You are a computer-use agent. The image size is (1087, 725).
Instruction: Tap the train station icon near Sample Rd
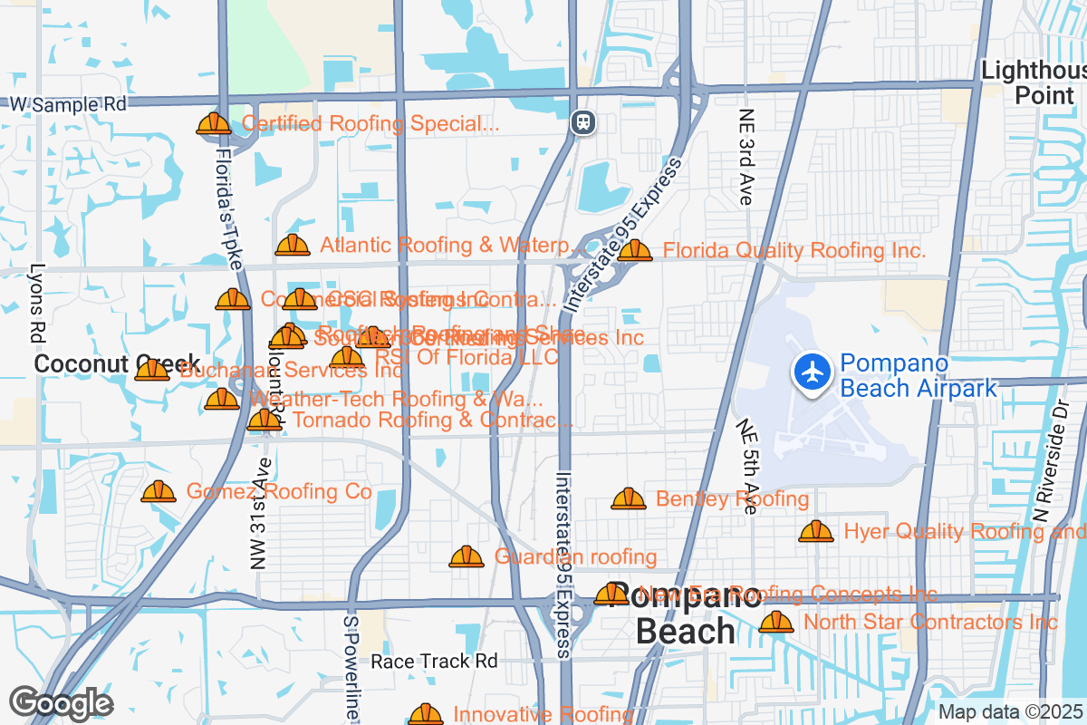click(583, 121)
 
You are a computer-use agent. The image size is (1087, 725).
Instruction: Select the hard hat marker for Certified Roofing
click(214, 124)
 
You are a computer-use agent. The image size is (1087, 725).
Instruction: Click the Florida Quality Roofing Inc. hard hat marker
click(635, 251)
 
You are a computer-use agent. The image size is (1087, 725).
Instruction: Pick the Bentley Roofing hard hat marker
click(629, 499)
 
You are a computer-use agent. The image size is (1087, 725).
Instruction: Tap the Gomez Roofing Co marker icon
click(159, 492)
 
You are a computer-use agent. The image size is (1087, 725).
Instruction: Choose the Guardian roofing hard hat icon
click(467, 556)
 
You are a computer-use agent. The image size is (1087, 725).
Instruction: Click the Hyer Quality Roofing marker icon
click(816, 532)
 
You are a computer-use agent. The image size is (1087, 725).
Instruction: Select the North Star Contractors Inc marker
click(776, 623)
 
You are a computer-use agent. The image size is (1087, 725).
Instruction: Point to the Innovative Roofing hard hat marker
click(426, 715)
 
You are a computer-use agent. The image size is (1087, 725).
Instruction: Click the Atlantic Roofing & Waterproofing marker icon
click(293, 246)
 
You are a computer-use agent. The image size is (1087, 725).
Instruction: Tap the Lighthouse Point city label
click(1034, 82)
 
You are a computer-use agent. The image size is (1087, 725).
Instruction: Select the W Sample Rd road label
click(68, 104)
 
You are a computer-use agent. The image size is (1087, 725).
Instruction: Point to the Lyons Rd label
click(37, 303)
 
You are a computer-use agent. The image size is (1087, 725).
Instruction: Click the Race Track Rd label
click(435, 661)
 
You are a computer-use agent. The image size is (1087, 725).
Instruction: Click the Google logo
click(61, 703)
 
